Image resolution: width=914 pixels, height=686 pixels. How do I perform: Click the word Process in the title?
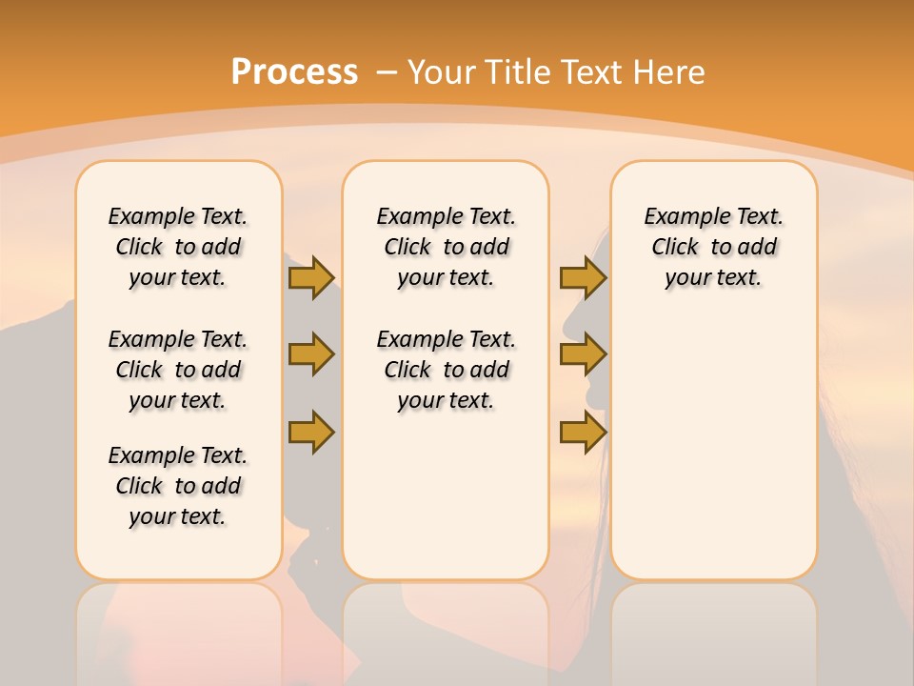point(294,71)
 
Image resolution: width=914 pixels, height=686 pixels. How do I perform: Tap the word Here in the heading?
point(670,72)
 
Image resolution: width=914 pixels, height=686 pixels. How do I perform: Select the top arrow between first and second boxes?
point(311,277)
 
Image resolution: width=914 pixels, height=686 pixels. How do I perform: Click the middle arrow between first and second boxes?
point(311,354)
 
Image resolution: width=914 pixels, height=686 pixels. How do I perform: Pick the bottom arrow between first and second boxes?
point(311,433)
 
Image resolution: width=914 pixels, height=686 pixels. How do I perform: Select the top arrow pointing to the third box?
point(583,277)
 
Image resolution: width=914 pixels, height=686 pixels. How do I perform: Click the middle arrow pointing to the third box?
point(583,354)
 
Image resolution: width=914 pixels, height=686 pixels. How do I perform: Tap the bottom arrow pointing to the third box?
point(583,433)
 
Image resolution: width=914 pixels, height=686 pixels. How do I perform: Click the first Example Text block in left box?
point(178,247)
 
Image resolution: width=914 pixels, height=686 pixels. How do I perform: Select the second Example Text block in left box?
point(178,370)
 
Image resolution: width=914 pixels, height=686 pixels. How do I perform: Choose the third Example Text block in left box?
point(178,486)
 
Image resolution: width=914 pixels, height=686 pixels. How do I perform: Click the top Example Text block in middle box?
point(446,247)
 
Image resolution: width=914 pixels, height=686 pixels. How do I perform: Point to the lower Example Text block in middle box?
point(446,370)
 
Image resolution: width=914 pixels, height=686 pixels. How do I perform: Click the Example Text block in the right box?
point(713,247)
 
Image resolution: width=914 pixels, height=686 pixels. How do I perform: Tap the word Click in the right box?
point(675,248)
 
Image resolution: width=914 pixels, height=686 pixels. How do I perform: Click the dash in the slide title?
point(387,72)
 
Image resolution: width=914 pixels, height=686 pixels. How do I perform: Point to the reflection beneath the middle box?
point(446,629)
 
